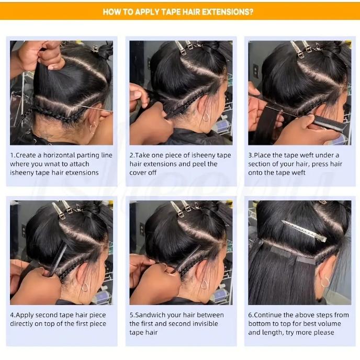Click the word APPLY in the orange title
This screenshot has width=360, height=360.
[x=142, y=11]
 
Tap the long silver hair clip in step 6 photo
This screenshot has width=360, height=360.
[x=303, y=231]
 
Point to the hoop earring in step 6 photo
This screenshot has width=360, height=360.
[x=325, y=282]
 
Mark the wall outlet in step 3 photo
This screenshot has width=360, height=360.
[x=256, y=70]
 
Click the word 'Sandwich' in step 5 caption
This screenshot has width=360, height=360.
[x=154, y=315]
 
